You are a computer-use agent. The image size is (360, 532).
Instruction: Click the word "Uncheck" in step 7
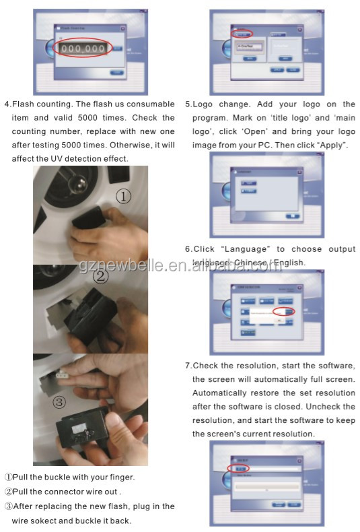click(x=337, y=407)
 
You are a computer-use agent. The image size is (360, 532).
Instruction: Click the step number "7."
click(x=188, y=366)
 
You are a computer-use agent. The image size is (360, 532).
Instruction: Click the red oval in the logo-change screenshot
click(x=244, y=33)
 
